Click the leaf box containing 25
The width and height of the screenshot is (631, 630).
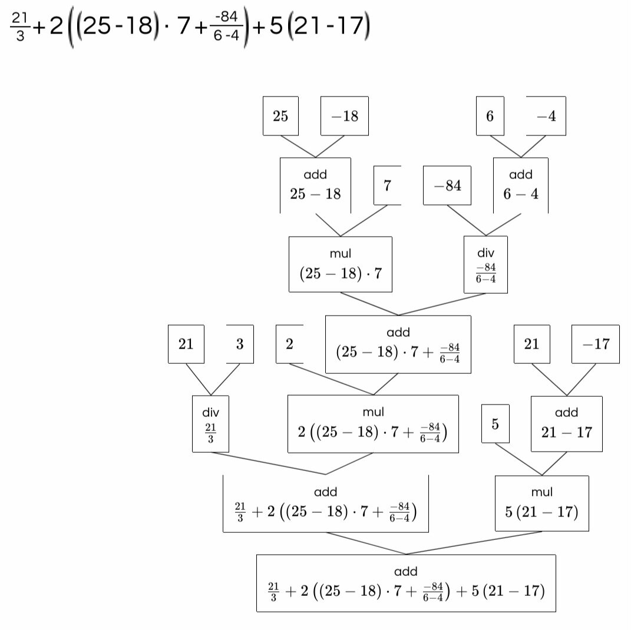(x=280, y=116)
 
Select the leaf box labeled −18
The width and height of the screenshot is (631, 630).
(x=344, y=116)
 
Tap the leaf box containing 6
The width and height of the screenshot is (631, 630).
(x=490, y=116)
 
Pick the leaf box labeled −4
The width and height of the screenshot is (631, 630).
(x=546, y=116)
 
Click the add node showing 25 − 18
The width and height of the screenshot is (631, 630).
(x=315, y=185)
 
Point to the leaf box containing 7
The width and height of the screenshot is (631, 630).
(x=387, y=185)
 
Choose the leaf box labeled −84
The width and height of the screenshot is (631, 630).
(x=447, y=186)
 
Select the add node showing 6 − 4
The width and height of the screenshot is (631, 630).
(x=521, y=185)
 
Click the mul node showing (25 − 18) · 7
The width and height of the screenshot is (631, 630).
(x=341, y=264)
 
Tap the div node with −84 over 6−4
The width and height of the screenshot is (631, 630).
(x=485, y=264)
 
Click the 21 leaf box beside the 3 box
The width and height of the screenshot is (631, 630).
(x=186, y=344)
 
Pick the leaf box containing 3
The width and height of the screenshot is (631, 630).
(x=240, y=344)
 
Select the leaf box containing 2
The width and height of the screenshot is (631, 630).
(x=289, y=344)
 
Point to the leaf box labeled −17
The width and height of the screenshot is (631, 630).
(x=596, y=344)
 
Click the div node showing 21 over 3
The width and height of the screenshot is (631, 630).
(x=210, y=424)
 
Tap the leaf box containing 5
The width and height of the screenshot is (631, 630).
(x=495, y=423)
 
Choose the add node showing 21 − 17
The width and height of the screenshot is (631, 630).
(x=567, y=424)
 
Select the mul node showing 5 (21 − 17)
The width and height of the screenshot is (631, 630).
(x=542, y=503)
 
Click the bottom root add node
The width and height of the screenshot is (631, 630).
(x=406, y=583)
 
